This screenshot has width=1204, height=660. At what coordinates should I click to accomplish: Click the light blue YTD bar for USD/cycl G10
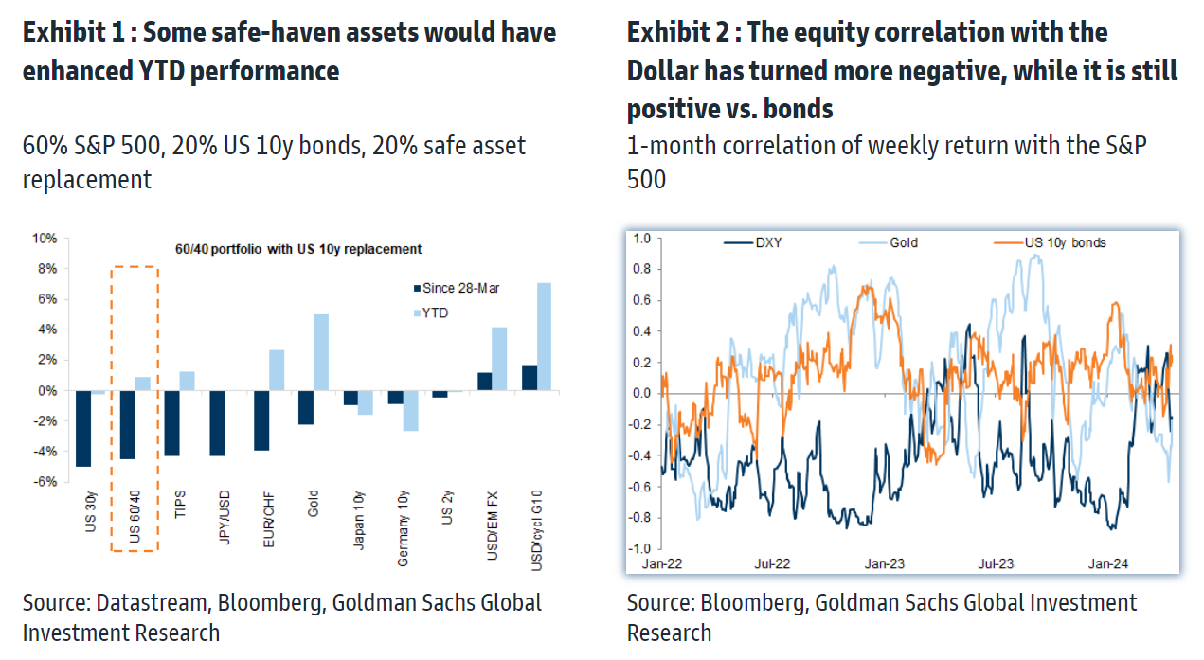[544, 336]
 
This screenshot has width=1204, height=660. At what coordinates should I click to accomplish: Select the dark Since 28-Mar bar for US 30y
[83, 428]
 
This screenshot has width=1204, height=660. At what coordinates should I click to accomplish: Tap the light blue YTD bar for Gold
[321, 352]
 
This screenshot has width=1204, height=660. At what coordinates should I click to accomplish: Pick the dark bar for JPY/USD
[217, 423]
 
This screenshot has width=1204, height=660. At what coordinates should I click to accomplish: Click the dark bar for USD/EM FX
[484, 382]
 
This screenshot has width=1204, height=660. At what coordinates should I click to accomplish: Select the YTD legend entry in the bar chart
[437, 312]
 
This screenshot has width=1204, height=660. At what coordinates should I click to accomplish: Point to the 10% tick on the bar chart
[45, 239]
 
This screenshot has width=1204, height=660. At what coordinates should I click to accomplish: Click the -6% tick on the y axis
[46, 482]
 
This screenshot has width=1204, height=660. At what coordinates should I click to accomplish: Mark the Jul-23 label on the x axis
[996, 564]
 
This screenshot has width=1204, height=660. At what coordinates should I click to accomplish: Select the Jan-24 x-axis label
[1107, 564]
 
